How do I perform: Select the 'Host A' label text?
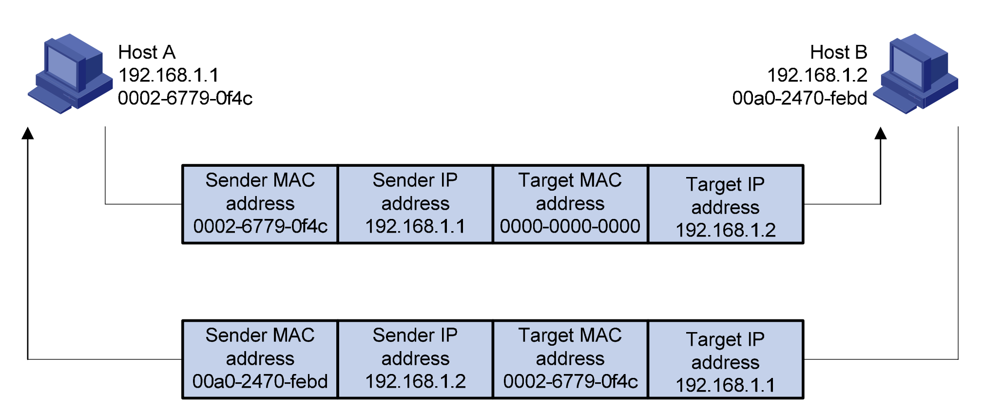point(147,52)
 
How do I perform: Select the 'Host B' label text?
point(838,52)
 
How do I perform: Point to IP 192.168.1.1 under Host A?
point(169,75)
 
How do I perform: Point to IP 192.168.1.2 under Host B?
point(817,75)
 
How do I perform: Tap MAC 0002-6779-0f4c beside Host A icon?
point(185,99)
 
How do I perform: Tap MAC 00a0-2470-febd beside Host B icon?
point(800,99)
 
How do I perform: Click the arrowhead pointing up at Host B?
point(880,133)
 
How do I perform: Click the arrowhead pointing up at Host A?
point(28,133)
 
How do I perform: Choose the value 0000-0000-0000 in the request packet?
point(570,226)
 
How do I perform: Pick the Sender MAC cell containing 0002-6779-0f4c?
point(260,204)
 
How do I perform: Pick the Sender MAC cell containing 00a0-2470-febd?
point(260,359)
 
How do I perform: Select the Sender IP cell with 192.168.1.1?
point(415,204)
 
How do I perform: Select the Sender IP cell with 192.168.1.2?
point(415,359)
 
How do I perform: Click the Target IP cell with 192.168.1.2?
point(725,204)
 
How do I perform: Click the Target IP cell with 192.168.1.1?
point(725,359)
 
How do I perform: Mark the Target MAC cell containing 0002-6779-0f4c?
point(570,359)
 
